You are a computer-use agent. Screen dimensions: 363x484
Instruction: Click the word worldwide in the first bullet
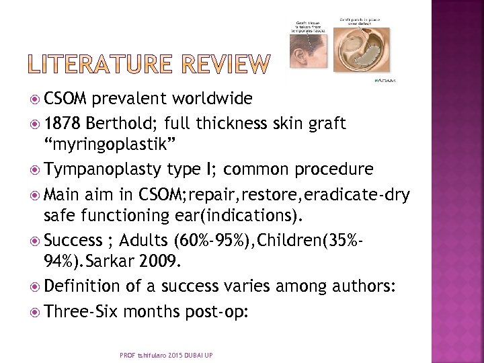(210, 99)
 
